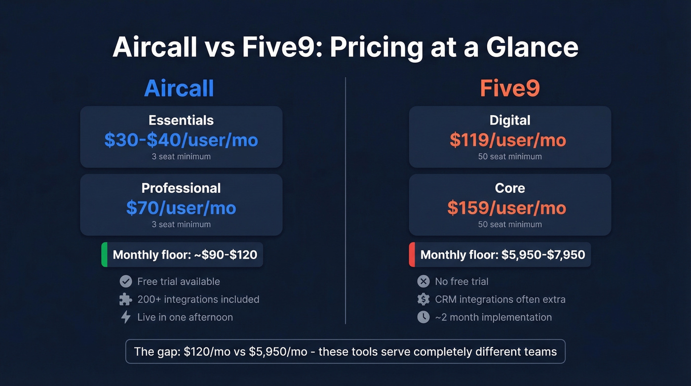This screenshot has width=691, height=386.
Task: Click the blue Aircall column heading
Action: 179,88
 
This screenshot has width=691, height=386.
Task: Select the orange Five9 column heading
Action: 510,88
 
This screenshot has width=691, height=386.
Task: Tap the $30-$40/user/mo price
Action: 181,140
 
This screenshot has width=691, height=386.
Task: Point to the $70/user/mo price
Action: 181,208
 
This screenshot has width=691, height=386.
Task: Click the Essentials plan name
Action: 181,120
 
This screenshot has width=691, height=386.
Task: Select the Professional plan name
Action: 181,188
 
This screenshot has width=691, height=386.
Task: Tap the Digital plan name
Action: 510,120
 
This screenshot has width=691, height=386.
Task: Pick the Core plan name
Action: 510,188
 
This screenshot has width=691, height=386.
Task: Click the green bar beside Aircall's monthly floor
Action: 104,255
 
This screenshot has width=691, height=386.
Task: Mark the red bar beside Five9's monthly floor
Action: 412,255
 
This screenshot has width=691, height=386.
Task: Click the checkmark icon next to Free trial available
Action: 126,281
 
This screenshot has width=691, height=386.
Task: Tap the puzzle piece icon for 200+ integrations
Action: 126,299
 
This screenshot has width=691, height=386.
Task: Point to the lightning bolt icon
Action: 126,317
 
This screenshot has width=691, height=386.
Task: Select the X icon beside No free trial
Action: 423,281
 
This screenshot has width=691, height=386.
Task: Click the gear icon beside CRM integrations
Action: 423,299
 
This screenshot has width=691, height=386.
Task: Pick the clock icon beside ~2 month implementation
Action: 423,317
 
